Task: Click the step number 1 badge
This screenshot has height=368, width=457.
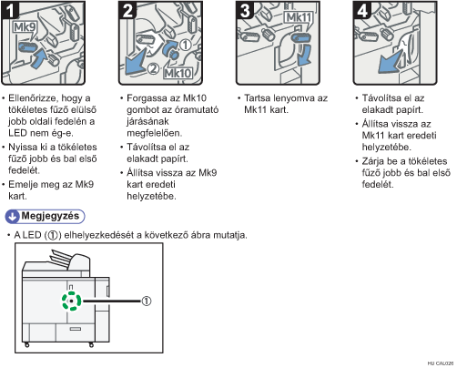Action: (x=10, y=10)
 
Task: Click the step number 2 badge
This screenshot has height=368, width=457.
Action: (x=127, y=10)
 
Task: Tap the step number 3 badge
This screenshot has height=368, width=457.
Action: (x=245, y=10)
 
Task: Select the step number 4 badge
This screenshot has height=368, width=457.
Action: (x=362, y=10)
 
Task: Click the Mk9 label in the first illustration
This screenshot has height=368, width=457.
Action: (x=25, y=27)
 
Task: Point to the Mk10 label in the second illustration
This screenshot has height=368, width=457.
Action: (x=178, y=73)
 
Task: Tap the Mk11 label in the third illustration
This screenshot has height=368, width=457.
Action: (x=299, y=17)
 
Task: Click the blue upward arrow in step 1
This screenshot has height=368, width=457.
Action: (x=39, y=58)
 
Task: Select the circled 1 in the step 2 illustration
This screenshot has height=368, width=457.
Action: (x=186, y=45)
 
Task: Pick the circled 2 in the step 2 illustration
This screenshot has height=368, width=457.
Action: (x=154, y=68)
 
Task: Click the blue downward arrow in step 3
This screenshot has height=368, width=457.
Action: (x=304, y=55)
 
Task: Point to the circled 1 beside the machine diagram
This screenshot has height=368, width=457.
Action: (x=147, y=301)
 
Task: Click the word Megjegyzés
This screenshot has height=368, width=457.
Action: (x=50, y=216)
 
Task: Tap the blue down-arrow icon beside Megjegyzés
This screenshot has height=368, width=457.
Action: (x=13, y=217)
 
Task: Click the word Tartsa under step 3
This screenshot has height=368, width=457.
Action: (x=258, y=98)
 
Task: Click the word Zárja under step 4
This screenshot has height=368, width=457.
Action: (x=373, y=161)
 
